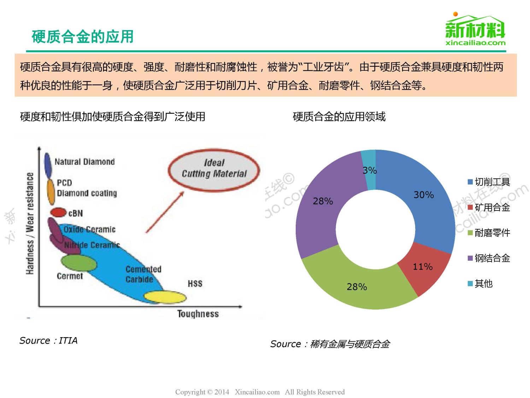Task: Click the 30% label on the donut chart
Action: [424, 195]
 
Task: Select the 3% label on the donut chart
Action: [370, 171]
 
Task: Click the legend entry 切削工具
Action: [489, 182]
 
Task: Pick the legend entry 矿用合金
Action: [489, 207]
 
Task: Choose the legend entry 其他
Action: [480, 283]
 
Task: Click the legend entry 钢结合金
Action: [489, 258]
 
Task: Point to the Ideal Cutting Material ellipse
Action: [214, 170]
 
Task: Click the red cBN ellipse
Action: [58, 212]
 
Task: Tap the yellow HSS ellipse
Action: [165, 297]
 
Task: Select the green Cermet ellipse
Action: [79, 263]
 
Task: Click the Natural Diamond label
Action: [84, 162]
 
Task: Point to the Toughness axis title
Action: [198, 314]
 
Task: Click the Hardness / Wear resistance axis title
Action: [30, 223]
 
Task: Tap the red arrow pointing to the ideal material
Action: [165, 212]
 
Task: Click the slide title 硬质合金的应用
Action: [83, 37]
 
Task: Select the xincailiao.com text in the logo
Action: [476, 43]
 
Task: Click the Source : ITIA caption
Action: [48, 340]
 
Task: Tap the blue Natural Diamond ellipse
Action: [48, 165]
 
